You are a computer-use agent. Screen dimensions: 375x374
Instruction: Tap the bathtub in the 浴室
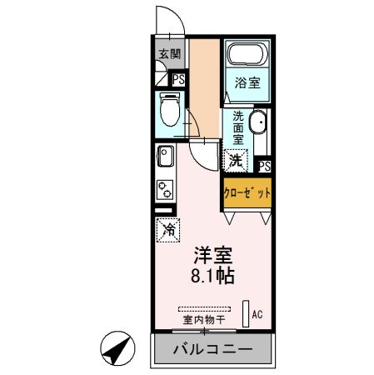[247, 57]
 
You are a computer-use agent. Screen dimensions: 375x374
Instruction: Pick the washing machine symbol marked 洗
[235, 157]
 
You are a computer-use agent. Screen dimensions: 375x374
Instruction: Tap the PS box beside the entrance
[178, 80]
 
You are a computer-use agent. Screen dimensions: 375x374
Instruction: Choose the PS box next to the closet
[264, 167]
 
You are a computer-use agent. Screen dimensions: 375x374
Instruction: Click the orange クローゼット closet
[247, 192]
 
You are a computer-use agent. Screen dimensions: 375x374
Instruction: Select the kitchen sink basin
[163, 156]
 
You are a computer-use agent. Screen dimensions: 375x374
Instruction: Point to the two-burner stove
[164, 188]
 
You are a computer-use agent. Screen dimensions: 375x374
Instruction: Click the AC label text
[257, 314]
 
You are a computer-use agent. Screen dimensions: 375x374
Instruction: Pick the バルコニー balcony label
[212, 349]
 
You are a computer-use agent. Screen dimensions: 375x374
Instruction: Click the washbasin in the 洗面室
[257, 122]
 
